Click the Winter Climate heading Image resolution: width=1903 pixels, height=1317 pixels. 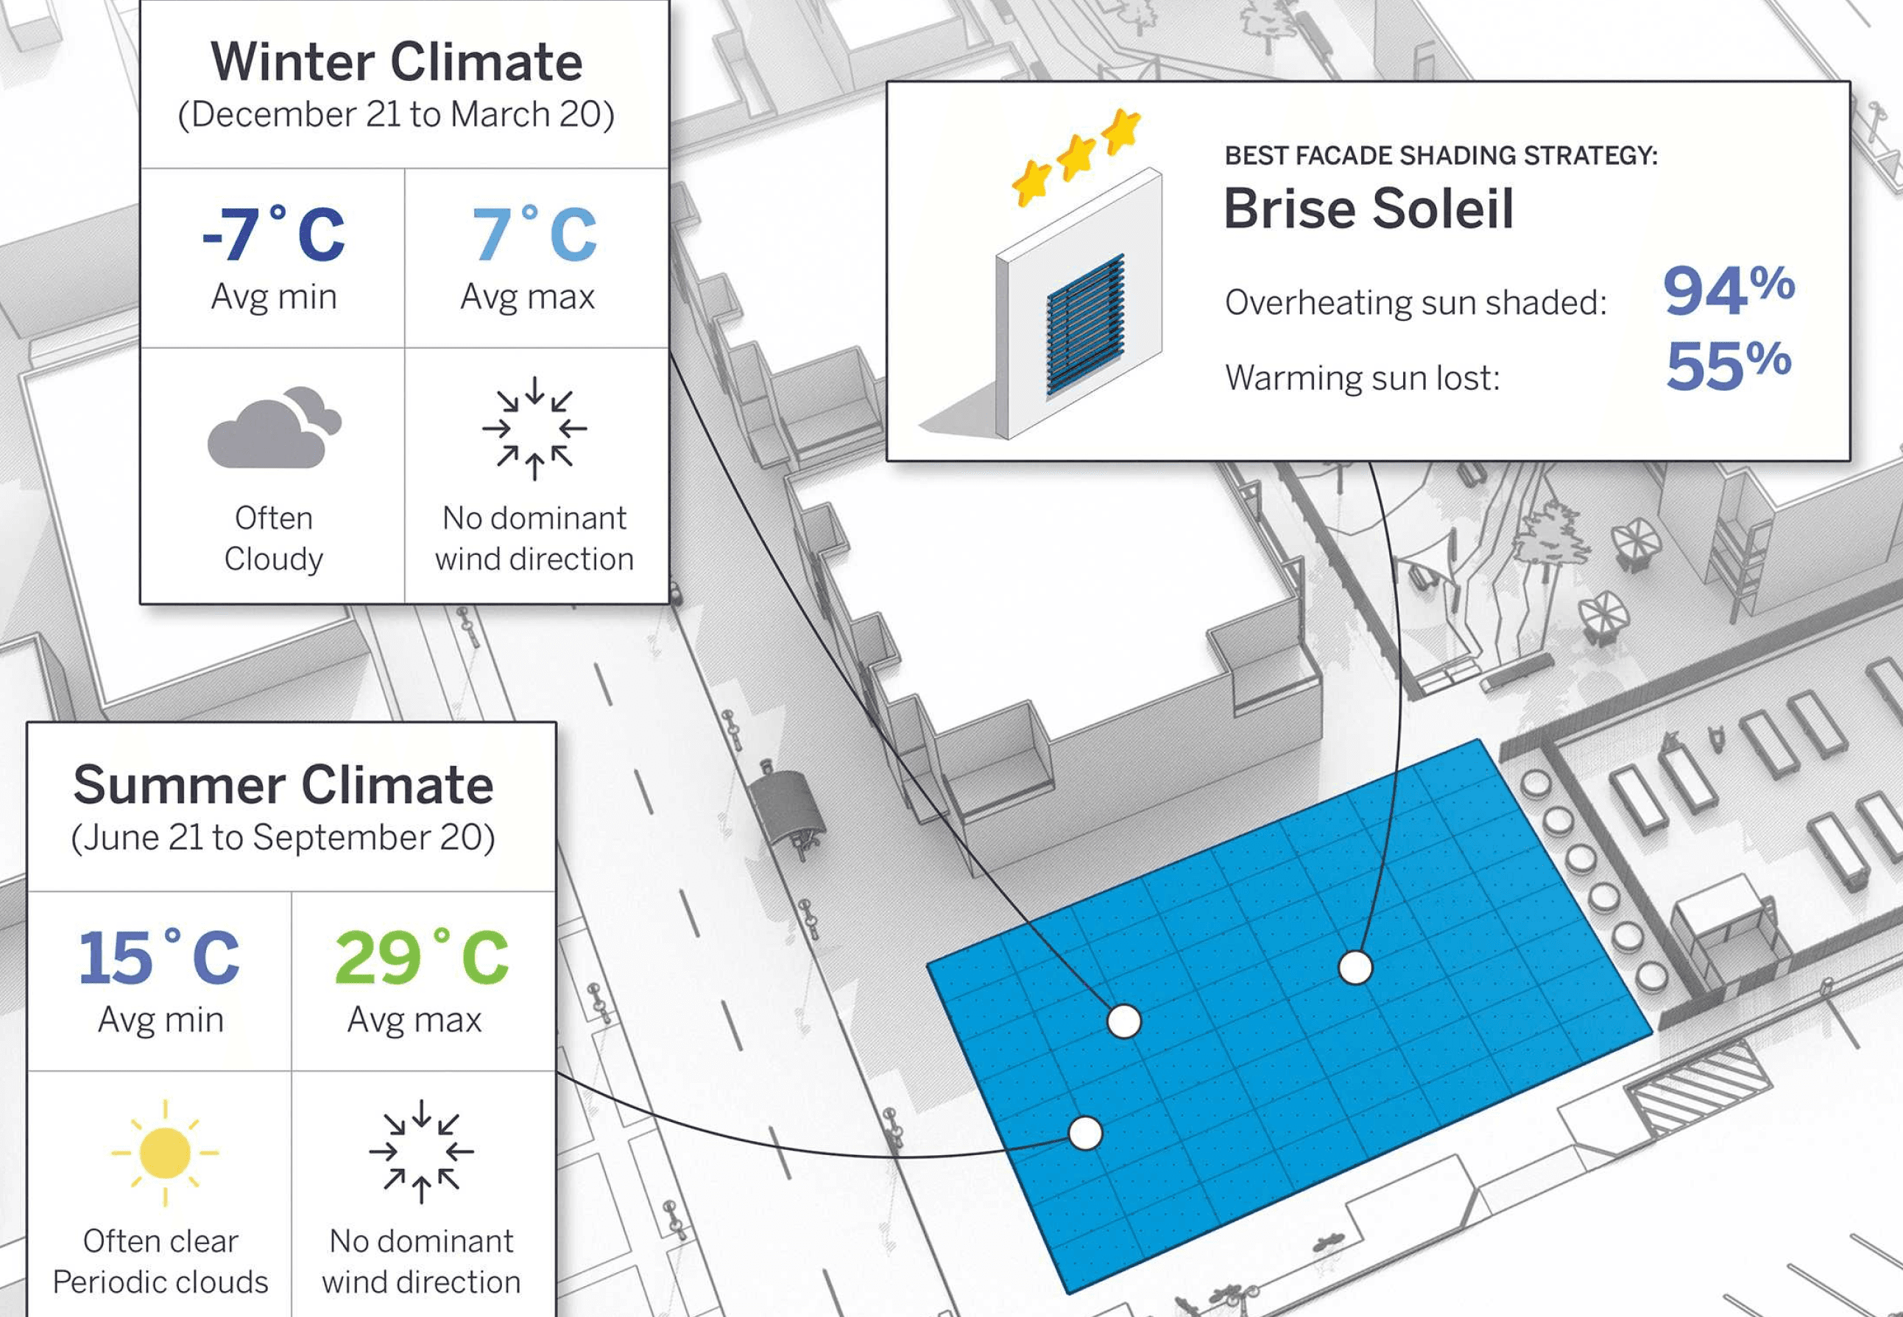pos(396,62)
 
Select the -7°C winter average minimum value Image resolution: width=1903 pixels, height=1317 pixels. pos(273,235)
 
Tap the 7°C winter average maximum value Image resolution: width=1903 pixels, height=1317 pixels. pos(533,235)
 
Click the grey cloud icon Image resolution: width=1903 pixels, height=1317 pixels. pos(273,428)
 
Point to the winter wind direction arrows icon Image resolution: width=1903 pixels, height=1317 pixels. pos(534,428)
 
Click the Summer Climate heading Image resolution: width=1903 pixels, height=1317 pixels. pos(283,785)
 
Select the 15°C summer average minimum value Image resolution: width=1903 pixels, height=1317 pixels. pos(158,958)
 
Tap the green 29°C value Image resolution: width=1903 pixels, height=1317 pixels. pos(421,958)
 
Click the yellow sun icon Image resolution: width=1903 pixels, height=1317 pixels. pos(165,1152)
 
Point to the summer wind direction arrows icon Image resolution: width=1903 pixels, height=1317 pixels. pos(421,1151)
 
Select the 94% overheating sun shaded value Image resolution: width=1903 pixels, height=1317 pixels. pos(1728,291)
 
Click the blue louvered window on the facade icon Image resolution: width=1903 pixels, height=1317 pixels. pos(1086,324)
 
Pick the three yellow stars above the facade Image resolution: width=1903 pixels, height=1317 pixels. pos(1076,155)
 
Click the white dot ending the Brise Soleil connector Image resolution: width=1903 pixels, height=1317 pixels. pos(1355,967)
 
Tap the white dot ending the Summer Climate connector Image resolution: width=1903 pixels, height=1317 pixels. pos(1085,1133)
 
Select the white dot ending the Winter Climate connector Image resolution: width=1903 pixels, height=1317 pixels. pos(1123,1021)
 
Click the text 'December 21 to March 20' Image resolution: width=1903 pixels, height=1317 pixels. pos(396,115)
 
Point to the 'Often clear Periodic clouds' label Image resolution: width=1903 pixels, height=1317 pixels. pos(160,1261)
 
